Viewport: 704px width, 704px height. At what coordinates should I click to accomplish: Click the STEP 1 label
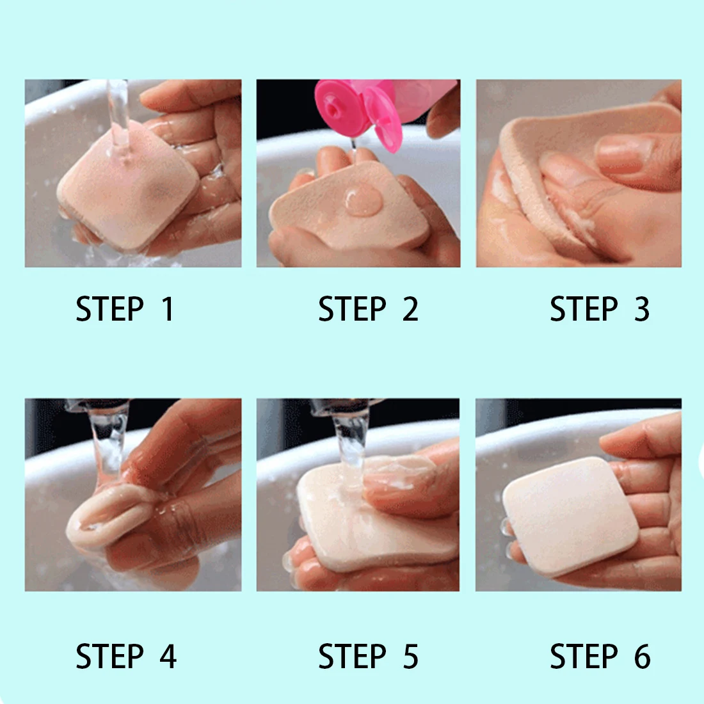[125, 309]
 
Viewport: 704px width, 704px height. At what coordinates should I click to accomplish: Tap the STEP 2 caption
[368, 309]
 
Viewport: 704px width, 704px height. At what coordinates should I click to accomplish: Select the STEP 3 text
[600, 309]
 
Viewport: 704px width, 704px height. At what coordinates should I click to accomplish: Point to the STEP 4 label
[126, 657]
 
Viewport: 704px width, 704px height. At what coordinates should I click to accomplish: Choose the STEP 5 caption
[368, 657]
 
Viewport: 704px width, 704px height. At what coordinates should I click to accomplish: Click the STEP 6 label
[600, 657]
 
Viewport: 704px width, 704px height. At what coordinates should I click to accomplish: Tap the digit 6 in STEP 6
[643, 657]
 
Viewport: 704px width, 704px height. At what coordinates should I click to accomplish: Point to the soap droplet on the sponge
[364, 200]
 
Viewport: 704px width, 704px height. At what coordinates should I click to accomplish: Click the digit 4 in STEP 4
[168, 657]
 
